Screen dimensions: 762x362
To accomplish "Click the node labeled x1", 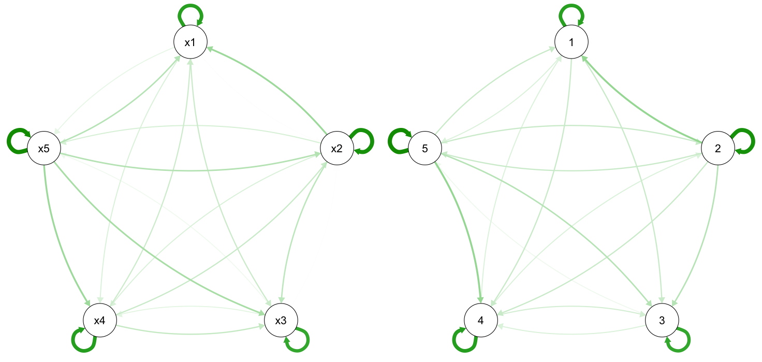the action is coord(190,42).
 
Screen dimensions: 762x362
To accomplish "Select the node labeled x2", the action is coord(336,149).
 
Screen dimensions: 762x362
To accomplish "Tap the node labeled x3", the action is coord(281,320).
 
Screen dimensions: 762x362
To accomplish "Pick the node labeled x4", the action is coord(99,320).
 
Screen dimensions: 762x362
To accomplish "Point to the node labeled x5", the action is coord(43,149).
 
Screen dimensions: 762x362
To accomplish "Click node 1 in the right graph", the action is coord(571,42).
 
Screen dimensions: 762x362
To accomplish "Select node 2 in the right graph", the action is coord(717,149).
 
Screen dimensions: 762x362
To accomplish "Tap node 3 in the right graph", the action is coord(662,320).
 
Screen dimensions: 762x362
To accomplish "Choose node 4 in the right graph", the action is coord(480,320).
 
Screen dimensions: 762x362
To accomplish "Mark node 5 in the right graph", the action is coord(424,149).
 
